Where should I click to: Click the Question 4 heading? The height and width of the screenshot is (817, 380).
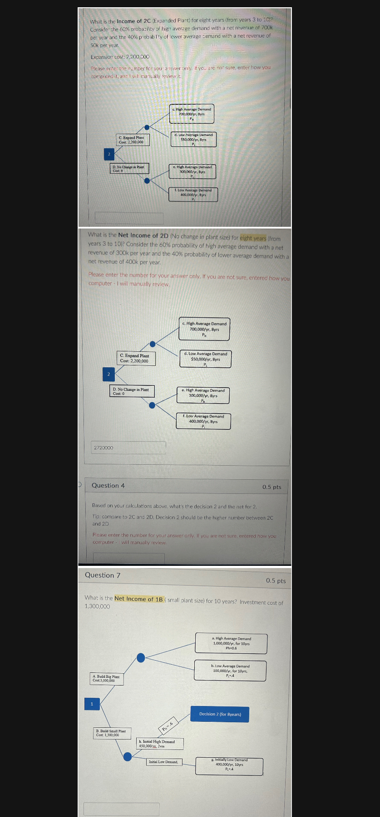[x=108, y=486]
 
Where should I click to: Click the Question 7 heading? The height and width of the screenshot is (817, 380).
[x=103, y=575]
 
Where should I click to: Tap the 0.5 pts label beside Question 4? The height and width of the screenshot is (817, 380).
[x=271, y=487]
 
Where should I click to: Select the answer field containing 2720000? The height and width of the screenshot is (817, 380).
[x=129, y=448]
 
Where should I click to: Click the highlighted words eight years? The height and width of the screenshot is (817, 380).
[x=253, y=238]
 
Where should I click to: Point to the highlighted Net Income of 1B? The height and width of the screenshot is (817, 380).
[x=138, y=599]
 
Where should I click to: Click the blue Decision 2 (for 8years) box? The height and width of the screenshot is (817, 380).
[x=220, y=714]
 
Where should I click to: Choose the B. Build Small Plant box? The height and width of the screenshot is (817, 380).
[x=112, y=733]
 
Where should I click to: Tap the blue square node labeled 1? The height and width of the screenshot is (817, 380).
[x=92, y=704]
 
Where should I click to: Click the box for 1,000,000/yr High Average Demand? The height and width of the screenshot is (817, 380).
[x=231, y=643]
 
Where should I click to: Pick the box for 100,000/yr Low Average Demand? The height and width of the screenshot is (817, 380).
[x=230, y=671]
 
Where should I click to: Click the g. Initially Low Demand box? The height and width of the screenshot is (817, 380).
[x=229, y=766]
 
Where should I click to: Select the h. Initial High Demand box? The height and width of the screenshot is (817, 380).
[x=160, y=744]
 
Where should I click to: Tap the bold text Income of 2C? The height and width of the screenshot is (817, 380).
[x=133, y=21]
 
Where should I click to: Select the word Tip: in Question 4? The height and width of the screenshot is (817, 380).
[x=97, y=517]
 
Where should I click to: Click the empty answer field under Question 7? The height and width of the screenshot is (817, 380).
[x=121, y=809]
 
